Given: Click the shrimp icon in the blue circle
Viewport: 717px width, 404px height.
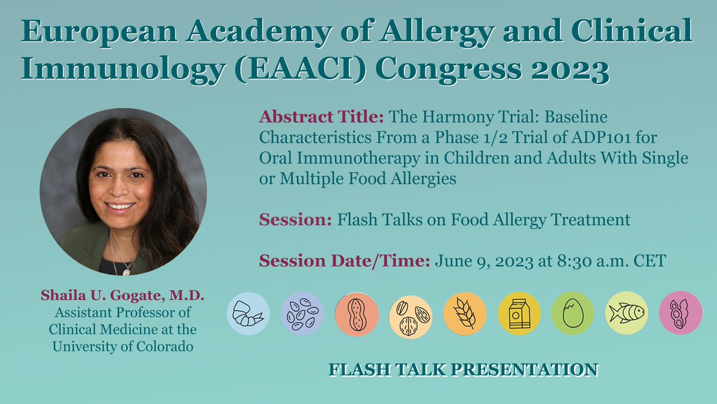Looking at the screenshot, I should tap(249, 313).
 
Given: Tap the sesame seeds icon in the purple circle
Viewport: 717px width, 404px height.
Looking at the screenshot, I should tap(302, 313).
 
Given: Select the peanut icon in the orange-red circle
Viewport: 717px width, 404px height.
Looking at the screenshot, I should tap(356, 314).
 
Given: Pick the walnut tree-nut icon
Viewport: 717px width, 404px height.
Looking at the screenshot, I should tap(410, 314).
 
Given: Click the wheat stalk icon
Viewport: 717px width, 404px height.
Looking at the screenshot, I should tap(464, 314).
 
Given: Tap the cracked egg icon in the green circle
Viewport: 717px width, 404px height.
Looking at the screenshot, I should tap(572, 313).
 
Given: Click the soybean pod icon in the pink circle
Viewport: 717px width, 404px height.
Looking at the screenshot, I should tap(680, 314).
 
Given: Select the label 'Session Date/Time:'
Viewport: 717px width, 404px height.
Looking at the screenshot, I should tap(344, 262).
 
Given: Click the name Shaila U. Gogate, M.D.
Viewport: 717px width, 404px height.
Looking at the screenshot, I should tap(122, 296).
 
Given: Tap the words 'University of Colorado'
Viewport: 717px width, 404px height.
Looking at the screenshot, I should tap(122, 347).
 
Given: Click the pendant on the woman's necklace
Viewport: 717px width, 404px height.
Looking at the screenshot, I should tap(125, 271).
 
